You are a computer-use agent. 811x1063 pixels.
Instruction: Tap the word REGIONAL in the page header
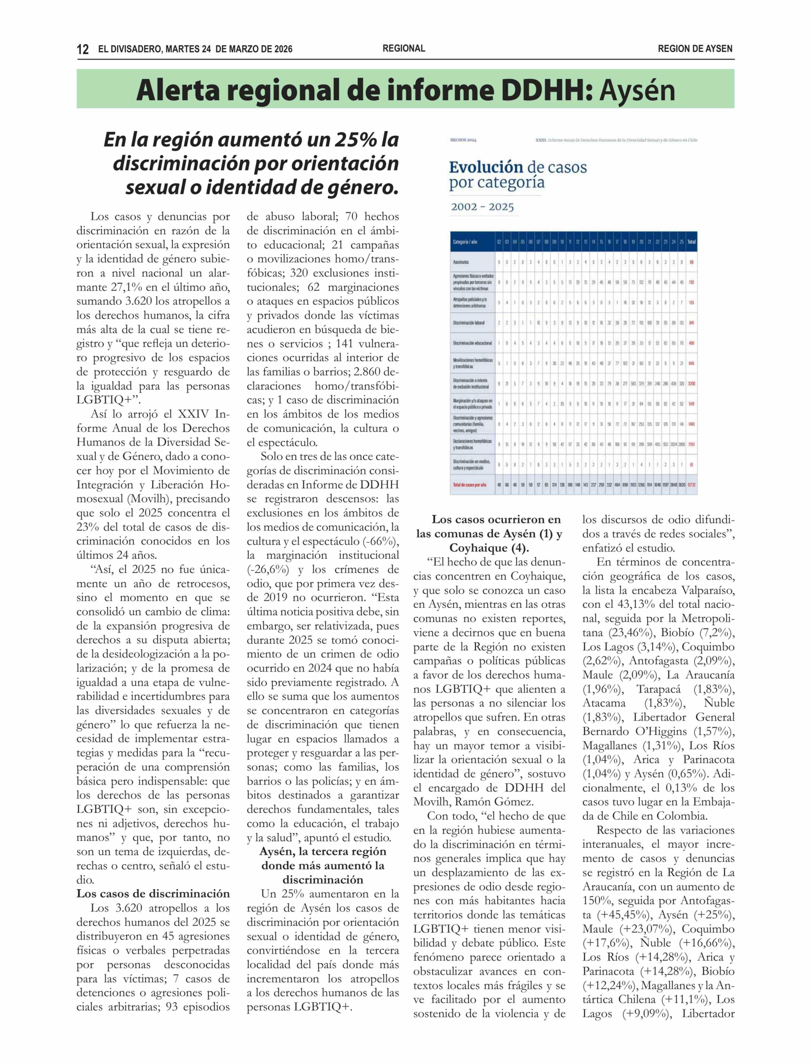pos(403,48)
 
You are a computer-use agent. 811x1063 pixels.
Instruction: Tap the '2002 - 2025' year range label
pos(482,207)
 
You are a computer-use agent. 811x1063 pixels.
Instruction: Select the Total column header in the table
pos(691,241)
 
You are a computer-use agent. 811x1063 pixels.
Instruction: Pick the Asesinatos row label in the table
pos(461,262)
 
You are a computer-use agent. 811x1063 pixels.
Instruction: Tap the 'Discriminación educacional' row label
pos(472,343)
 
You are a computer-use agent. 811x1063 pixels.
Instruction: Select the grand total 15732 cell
pos(691,484)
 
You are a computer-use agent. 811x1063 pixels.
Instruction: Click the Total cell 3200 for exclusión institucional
pos(691,383)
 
